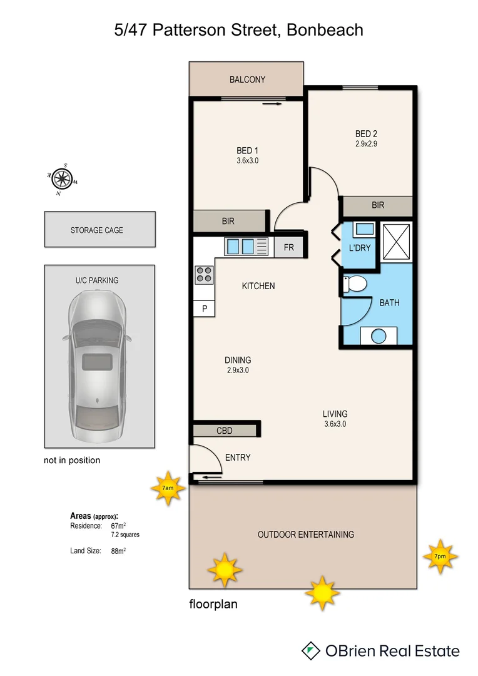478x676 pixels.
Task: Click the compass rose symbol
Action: [62, 179]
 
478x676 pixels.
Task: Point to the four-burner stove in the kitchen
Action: [204, 274]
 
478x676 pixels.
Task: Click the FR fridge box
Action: [288, 247]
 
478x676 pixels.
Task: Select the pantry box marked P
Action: [204, 309]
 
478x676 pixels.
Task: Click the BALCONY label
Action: [247, 79]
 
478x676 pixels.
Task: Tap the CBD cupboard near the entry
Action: [225, 431]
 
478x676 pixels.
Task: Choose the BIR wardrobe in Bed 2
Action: [377, 205]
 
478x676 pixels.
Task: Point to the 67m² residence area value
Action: [118, 526]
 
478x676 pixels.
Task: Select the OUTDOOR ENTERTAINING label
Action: [306, 535]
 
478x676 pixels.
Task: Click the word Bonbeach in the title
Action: [324, 29]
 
